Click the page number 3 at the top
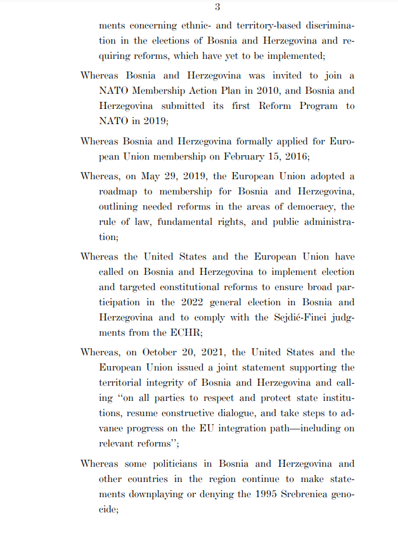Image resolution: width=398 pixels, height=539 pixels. pyautogui.click(x=217, y=8)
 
